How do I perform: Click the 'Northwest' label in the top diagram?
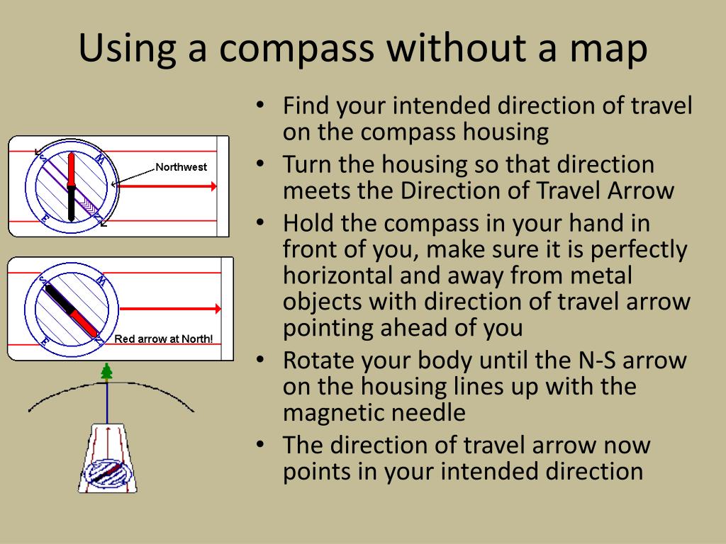pyautogui.click(x=181, y=168)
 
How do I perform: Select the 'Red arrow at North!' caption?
pyautogui.click(x=164, y=339)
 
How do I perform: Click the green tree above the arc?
pyautogui.click(x=107, y=373)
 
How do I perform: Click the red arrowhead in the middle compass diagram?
pyautogui.click(x=216, y=309)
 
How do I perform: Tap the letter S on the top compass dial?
pyautogui.click(x=41, y=155)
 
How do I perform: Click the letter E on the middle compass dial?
pyautogui.click(x=44, y=341)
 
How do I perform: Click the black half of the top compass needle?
pyautogui.click(x=71, y=205)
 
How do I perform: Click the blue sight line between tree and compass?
pyautogui.click(x=107, y=404)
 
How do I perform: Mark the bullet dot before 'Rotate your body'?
pyautogui.click(x=260, y=361)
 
